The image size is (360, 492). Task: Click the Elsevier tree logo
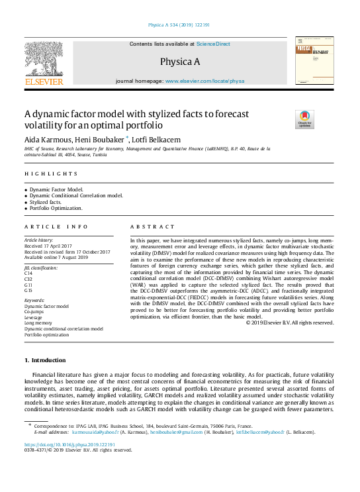(44, 62)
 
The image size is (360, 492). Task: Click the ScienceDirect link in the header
(214, 44)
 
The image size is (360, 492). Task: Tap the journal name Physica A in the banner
(179, 62)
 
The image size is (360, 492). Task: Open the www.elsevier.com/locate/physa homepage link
(204, 80)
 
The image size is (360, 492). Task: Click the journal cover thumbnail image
(314, 62)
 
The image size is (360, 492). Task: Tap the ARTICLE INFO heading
(55, 227)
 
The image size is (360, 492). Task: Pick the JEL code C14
(28, 273)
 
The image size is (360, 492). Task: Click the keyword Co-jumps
(36, 311)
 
